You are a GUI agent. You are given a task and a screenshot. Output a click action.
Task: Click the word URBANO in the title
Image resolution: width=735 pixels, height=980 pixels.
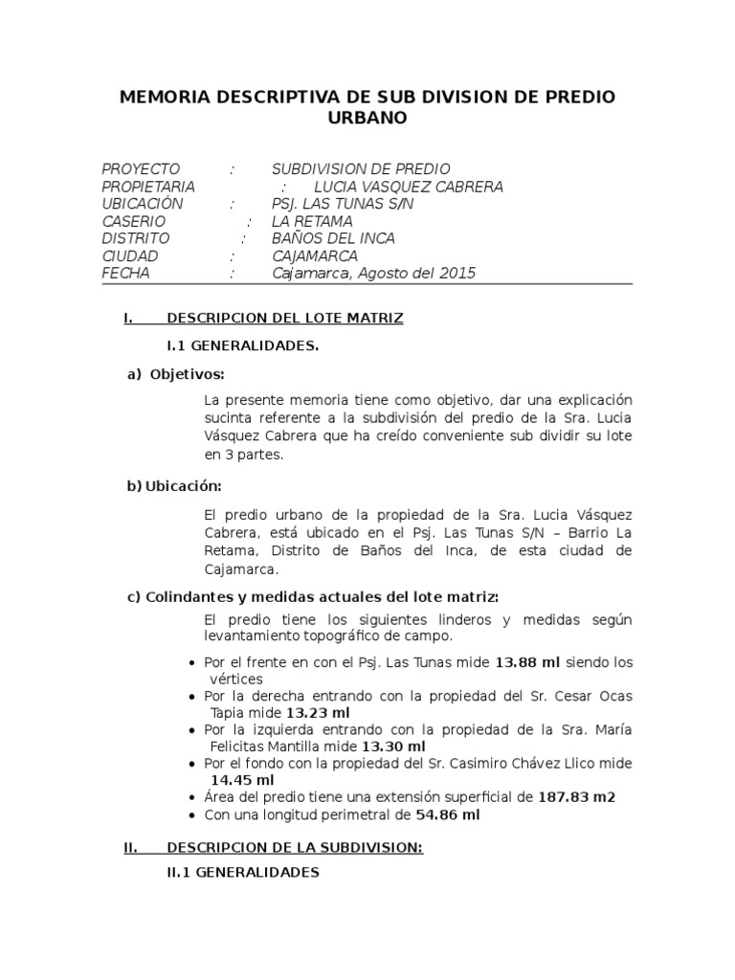click(x=367, y=118)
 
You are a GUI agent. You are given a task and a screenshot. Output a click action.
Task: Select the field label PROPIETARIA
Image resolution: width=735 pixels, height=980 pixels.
click(x=148, y=187)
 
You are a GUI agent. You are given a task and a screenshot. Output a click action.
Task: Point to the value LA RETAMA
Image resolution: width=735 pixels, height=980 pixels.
click(x=312, y=221)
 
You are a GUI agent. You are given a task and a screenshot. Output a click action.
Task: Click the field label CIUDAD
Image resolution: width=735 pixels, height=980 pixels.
click(x=130, y=256)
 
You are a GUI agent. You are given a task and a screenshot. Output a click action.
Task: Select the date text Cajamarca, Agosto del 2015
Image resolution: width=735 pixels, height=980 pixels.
click(x=373, y=274)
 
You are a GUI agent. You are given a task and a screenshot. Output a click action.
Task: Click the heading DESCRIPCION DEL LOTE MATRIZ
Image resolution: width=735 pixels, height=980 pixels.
click(x=285, y=318)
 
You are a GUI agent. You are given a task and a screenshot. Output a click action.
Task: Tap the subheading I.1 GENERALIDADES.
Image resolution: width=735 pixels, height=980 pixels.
click(x=243, y=345)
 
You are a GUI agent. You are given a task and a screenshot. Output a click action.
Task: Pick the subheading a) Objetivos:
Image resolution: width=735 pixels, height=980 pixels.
click(x=176, y=372)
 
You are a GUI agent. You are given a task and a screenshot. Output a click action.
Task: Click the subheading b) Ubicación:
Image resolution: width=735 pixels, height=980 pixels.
click(x=174, y=486)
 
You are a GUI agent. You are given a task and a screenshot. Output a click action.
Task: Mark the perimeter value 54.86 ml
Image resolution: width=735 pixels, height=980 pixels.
click(x=447, y=815)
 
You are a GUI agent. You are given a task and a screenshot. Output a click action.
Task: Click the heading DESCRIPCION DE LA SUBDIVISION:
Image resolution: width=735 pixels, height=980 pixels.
click(x=295, y=847)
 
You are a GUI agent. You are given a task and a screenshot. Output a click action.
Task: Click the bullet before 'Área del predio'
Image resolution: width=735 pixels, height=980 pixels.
click(x=194, y=798)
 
